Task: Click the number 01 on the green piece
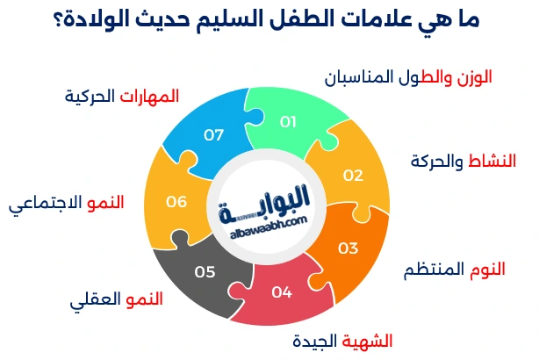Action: point(288,122)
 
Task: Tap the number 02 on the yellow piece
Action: point(353,175)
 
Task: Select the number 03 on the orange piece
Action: point(349,248)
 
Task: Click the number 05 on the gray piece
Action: point(205,272)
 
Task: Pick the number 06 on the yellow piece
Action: point(176,202)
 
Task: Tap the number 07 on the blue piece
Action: point(214,135)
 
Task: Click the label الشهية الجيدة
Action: point(341,340)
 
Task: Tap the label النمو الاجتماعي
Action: point(67,205)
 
